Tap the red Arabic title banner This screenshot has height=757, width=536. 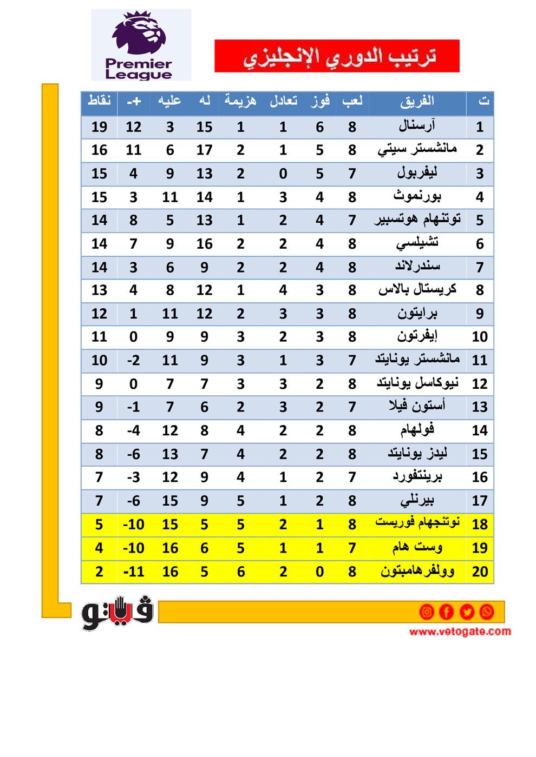pos(337,56)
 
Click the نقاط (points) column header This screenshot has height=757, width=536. pos(99,101)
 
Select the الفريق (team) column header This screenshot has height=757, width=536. pos(417,101)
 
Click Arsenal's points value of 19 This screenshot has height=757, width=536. pos(99,127)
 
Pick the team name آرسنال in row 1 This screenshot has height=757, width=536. pos(417,127)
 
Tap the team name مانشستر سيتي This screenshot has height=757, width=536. pos(417,150)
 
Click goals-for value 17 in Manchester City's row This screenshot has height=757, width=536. pos(204,150)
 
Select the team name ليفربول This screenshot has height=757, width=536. pos(417,173)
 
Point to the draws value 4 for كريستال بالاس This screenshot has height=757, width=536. pos(283,290)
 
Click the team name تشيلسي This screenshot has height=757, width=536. pos(417,243)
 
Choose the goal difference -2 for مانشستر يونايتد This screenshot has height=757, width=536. pos(133,361)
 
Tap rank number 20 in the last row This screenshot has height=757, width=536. pos(480,572)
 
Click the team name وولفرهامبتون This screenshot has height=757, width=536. pos(417,571)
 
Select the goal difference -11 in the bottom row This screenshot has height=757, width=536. pos(133,572)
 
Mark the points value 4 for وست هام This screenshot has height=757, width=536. pos(99,548)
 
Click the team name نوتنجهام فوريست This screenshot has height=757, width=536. pos(417,523)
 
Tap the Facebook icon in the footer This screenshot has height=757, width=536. pos(446,612)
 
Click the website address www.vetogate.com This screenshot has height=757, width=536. pos(460,632)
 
